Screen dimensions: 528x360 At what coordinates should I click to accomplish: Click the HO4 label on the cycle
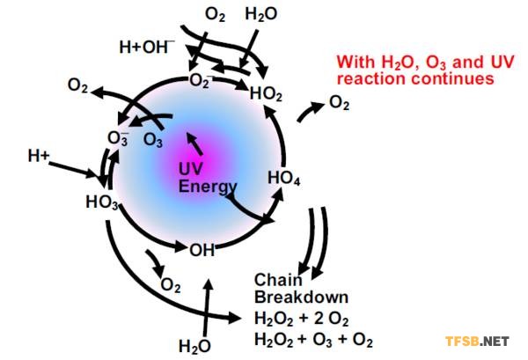point(283,178)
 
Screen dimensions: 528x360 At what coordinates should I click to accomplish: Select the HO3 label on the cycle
point(102,202)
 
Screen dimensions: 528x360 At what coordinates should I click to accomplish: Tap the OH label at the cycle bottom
point(202,250)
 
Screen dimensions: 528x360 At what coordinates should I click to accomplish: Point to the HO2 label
point(266,93)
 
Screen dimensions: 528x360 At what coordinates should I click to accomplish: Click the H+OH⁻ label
point(147,47)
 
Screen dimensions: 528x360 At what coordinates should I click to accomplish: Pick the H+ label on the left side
point(39,156)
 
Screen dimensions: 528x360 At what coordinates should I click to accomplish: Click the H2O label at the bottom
point(194,347)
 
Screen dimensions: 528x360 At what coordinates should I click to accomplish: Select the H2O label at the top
point(261,14)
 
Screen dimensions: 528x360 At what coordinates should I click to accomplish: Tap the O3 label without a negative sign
point(153,140)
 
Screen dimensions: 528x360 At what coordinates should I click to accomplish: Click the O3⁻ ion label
point(118,138)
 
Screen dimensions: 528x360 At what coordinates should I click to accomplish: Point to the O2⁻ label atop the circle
point(201,81)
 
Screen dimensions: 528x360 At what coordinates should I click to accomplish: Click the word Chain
point(278,280)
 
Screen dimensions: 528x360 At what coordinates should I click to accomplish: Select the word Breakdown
point(301,297)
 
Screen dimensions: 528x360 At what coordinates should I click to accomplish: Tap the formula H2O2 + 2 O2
point(301,319)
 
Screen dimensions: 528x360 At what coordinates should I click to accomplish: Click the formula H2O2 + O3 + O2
point(313,340)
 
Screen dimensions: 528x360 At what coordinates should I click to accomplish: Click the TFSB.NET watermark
point(477,342)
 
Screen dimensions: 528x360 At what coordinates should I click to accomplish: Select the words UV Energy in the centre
point(208,178)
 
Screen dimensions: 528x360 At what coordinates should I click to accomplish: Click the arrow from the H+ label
point(73,170)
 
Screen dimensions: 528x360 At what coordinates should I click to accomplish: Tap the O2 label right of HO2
point(339,102)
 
